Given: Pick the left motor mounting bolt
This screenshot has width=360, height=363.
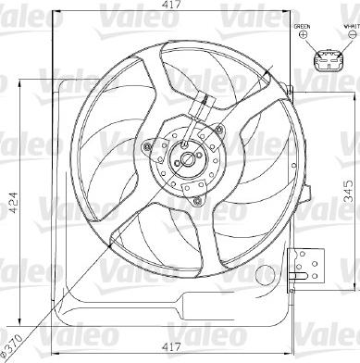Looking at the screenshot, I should [x=148, y=145].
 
